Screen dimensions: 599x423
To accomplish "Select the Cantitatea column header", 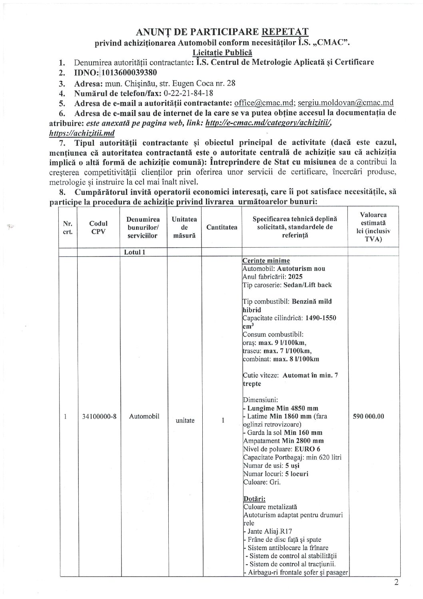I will pyautogui.click(x=221, y=227).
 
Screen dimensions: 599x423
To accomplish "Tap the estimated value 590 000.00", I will pyautogui.click(x=369, y=416).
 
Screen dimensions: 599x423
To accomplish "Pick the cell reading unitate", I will pyautogui.click(x=185, y=421).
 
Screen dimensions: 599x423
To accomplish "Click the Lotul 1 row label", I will pyautogui.click(x=132, y=252).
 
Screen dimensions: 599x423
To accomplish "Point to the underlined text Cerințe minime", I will pyautogui.click(x=266, y=261).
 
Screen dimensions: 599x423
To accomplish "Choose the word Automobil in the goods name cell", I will pyautogui.click(x=144, y=416).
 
